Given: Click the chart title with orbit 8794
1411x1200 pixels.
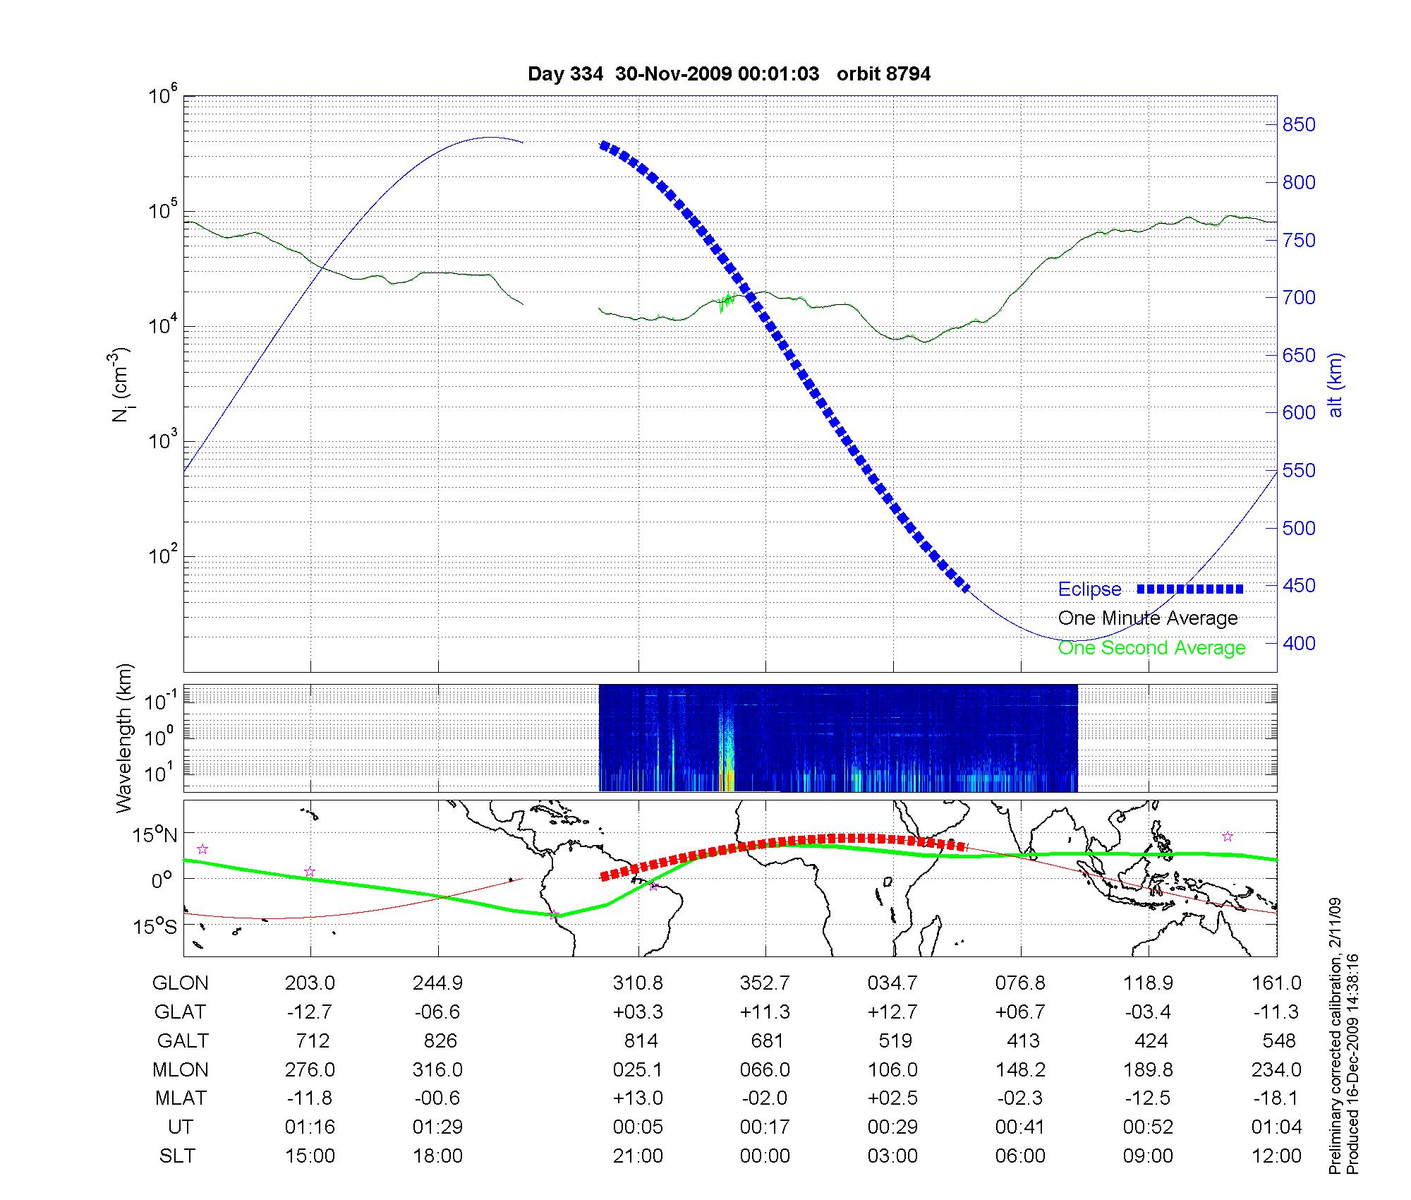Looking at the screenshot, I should pos(729,73).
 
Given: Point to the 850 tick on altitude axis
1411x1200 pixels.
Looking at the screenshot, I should pos(1298,125).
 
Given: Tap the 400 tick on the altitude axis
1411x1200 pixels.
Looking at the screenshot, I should pos(1298,643).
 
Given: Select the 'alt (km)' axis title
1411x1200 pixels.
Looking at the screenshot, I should pos(1336,385).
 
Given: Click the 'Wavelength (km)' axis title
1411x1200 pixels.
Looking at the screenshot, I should pos(124,738).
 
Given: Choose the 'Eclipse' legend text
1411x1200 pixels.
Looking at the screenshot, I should pos(1089,589).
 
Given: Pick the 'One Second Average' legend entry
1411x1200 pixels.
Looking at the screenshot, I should pos(1151,648).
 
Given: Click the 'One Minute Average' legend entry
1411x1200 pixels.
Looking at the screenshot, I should pos(1148,618).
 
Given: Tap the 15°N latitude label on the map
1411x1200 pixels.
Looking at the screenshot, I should pos(155,836).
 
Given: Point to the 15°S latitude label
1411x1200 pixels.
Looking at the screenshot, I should pos(155,926).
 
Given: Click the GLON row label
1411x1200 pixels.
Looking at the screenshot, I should pos(181,983).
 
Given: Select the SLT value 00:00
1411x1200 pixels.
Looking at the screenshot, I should pos(765,1156).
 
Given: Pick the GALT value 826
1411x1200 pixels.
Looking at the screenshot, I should pos(437,1040).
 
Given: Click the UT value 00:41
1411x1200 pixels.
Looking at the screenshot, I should pos(1020,1127).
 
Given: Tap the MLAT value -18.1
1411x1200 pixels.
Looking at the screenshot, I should pos(1276,1098).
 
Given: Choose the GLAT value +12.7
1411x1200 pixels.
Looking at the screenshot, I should pos(892,1012).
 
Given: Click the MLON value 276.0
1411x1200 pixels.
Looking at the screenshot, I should pos(310,1069).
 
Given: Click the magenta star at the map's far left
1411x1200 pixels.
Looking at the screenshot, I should pos(202,849).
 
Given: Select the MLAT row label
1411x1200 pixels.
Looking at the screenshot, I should pos(181,1098).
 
